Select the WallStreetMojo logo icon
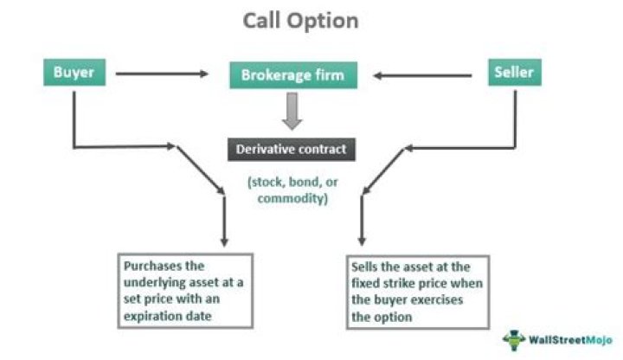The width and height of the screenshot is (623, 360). (x=517, y=337)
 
